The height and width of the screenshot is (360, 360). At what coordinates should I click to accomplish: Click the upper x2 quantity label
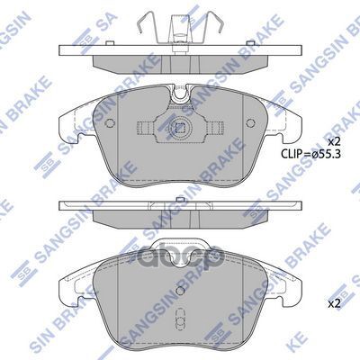(333, 143)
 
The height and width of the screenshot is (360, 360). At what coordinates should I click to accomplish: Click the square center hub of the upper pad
(181, 129)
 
